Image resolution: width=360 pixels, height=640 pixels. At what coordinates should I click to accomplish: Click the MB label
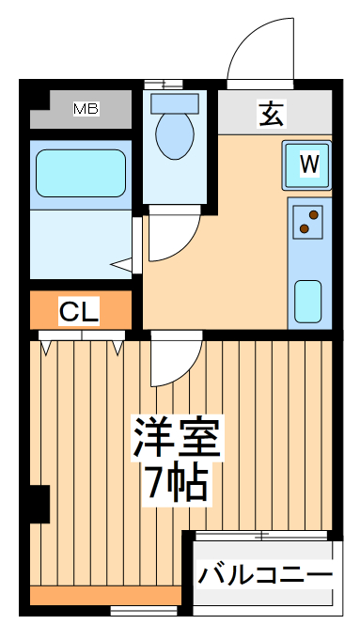pos(86,109)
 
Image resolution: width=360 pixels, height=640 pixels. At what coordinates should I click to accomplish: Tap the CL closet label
pos(79,311)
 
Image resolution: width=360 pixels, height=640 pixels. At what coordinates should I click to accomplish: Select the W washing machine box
pos(308,164)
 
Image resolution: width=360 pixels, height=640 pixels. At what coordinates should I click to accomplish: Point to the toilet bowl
pos(175,135)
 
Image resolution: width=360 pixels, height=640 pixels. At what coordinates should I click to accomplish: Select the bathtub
pos(80,173)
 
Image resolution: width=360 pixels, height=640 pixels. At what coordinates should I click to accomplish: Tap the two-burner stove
pos(308,222)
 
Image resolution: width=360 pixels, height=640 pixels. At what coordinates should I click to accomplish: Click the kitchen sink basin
pos(308,300)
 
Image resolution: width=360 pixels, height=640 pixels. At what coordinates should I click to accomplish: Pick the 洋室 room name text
pos(176,436)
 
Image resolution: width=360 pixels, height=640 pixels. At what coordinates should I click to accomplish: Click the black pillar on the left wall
pos(38,504)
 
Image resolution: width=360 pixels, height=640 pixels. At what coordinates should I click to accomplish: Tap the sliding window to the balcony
pos(262,536)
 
